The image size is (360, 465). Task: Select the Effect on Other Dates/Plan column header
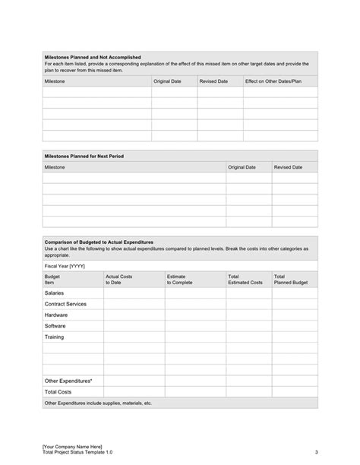[x=273, y=81]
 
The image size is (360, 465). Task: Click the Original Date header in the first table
[x=168, y=81]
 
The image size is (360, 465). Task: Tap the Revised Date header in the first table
[x=213, y=81]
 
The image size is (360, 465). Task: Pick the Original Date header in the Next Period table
[x=242, y=166]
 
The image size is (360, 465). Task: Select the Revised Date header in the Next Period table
[x=288, y=166]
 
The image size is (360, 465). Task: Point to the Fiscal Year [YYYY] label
[x=66, y=266]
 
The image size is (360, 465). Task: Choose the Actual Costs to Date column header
[x=118, y=280]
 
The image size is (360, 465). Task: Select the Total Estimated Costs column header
[x=245, y=280]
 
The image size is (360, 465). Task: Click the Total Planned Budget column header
[x=290, y=280]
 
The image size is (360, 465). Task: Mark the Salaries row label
[x=55, y=293]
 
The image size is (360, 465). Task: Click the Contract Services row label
[x=65, y=304]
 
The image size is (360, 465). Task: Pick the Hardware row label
[x=56, y=315]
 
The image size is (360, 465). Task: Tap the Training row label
[x=55, y=337]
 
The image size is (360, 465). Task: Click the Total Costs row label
[x=58, y=391]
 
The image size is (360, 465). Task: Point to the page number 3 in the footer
[x=315, y=452]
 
